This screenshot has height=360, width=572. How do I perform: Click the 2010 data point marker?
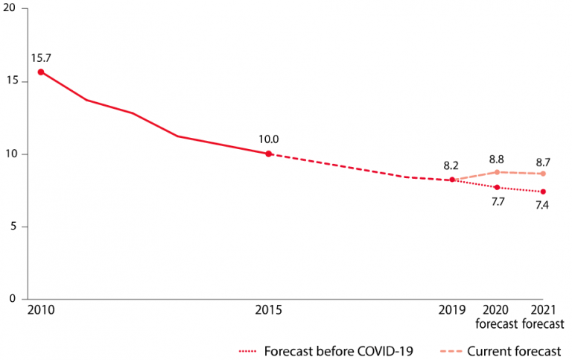[x=41, y=72]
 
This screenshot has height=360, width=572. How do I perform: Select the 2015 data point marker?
[x=268, y=154]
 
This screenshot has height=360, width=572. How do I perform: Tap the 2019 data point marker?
[x=452, y=180]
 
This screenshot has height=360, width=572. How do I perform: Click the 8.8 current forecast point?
[x=497, y=172]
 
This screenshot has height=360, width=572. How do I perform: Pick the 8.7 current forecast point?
[x=543, y=174]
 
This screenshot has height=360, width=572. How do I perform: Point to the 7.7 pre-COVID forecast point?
[x=497, y=187]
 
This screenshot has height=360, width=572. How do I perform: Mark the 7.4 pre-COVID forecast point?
[x=543, y=192]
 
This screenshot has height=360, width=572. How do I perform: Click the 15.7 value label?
[x=41, y=58]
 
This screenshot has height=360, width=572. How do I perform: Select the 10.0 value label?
[x=268, y=139]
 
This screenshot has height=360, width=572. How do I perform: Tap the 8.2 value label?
[x=451, y=165]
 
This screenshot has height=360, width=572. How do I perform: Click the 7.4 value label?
[x=542, y=205]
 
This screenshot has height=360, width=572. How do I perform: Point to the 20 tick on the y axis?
[x=9, y=8]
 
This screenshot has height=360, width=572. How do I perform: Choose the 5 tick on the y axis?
[x=13, y=226]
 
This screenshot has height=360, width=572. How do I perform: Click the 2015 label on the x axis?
[x=268, y=310]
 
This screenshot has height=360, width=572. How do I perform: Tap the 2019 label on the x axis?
[x=452, y=310]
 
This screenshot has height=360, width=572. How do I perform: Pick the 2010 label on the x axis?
[x=41, y=310]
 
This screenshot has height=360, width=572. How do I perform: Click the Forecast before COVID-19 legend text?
[x=339, y=351]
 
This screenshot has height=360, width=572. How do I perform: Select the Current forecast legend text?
[x=514, y=351]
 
